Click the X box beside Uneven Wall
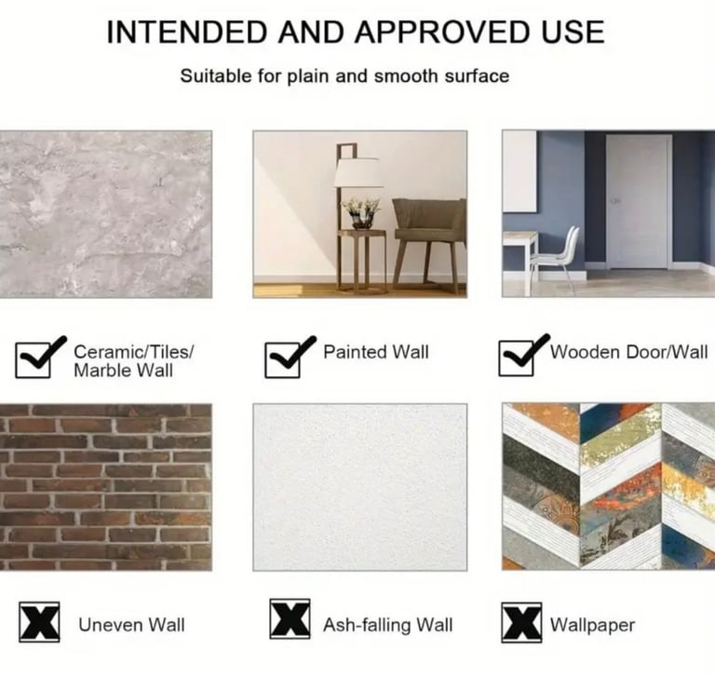coord(39,622)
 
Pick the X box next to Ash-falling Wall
coord(290,619)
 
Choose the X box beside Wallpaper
coord(521,623)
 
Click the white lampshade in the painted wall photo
coord(357,172)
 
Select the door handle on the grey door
coord(616,201)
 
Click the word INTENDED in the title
coord(187,33)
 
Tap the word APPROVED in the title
coord(442,33)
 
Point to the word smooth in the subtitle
coord(405,76)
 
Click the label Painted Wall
coord(376,352)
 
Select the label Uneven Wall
coord(131,625)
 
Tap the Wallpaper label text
coord(592,626)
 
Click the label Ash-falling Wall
coord(387,625)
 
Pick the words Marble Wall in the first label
coord(123,371)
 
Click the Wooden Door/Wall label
coord(628,352)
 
